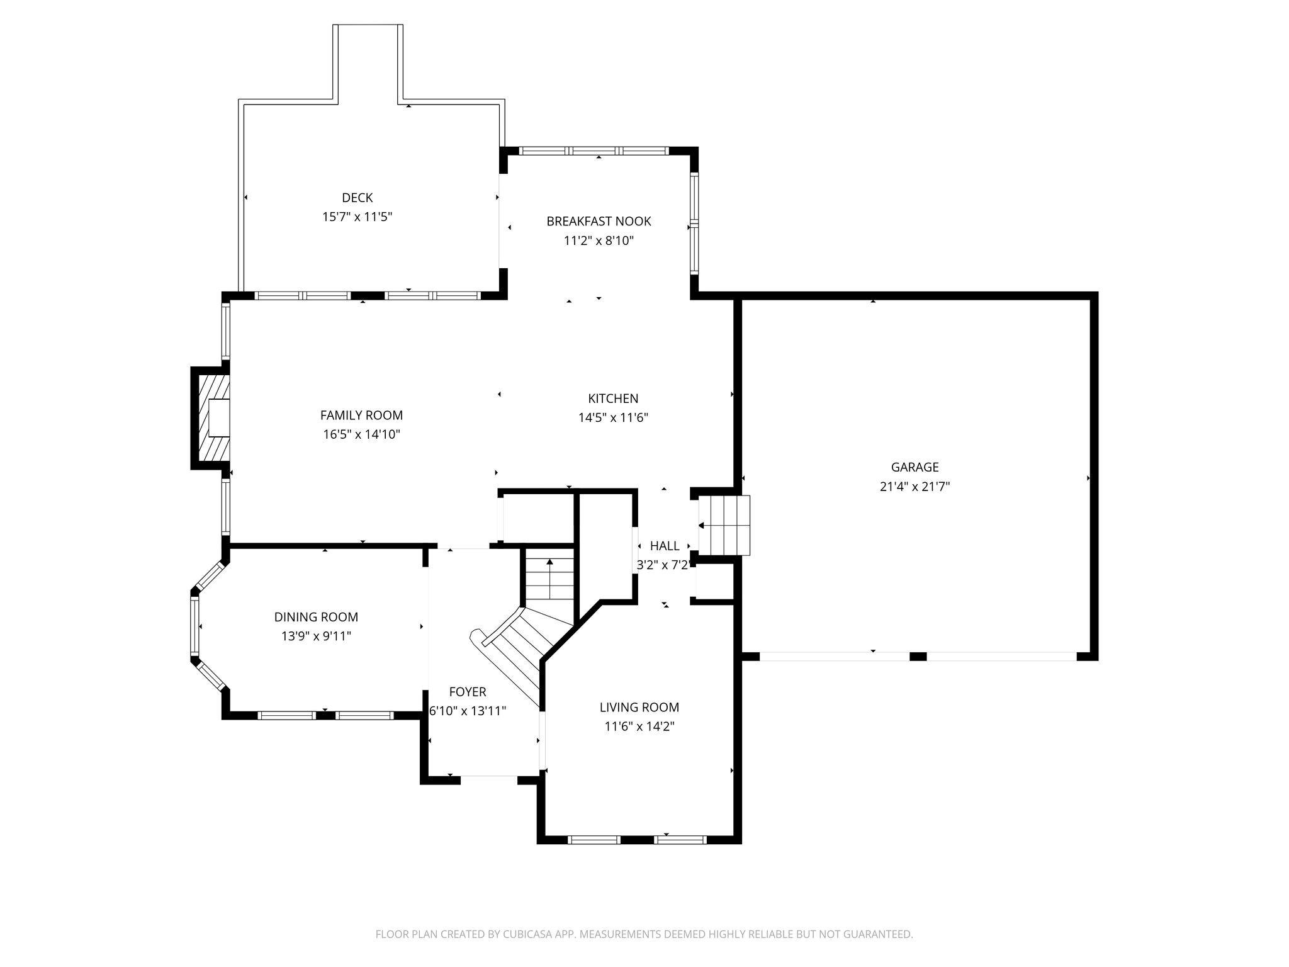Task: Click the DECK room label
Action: [x=357, y=198]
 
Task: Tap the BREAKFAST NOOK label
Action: [x=599, y=221]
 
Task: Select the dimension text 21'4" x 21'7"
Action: [x=915, y=486]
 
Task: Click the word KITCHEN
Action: [x=613, y=399]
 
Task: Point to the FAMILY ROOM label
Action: [x=361, y=415]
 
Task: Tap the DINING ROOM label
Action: [x=316, y=617]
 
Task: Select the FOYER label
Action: [x=467, y=692]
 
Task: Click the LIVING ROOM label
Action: [x=639, y=707]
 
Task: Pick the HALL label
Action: [x=665, y=546]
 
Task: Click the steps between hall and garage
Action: [x=725, y=526]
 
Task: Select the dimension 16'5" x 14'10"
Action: [x=361, y=434]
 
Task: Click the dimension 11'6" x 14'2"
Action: [x=639, y=727]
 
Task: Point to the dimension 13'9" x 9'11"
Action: [x=316, y=636]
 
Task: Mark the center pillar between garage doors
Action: [x=918, y=657]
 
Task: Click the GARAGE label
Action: [x=915, y=467]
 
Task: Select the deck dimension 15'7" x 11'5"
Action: [x=357, y=217]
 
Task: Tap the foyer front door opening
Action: [x=489, y=779]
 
